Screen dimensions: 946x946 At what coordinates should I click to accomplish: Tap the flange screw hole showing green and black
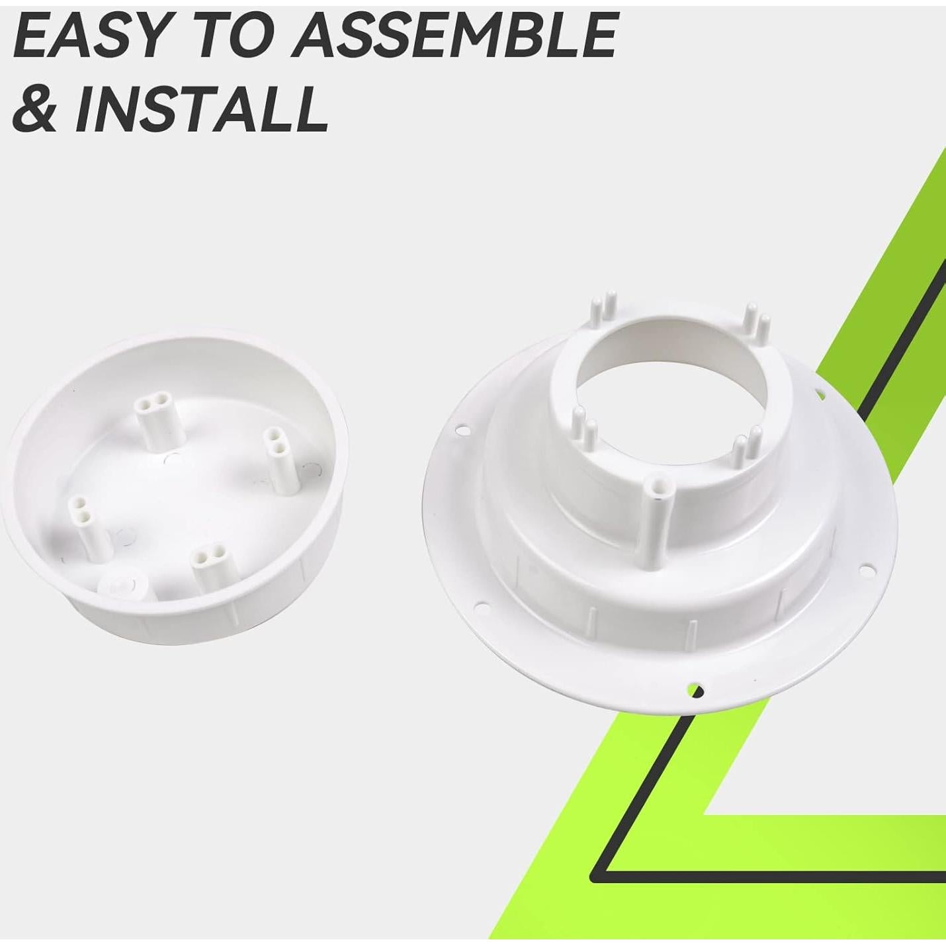[695, 691]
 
